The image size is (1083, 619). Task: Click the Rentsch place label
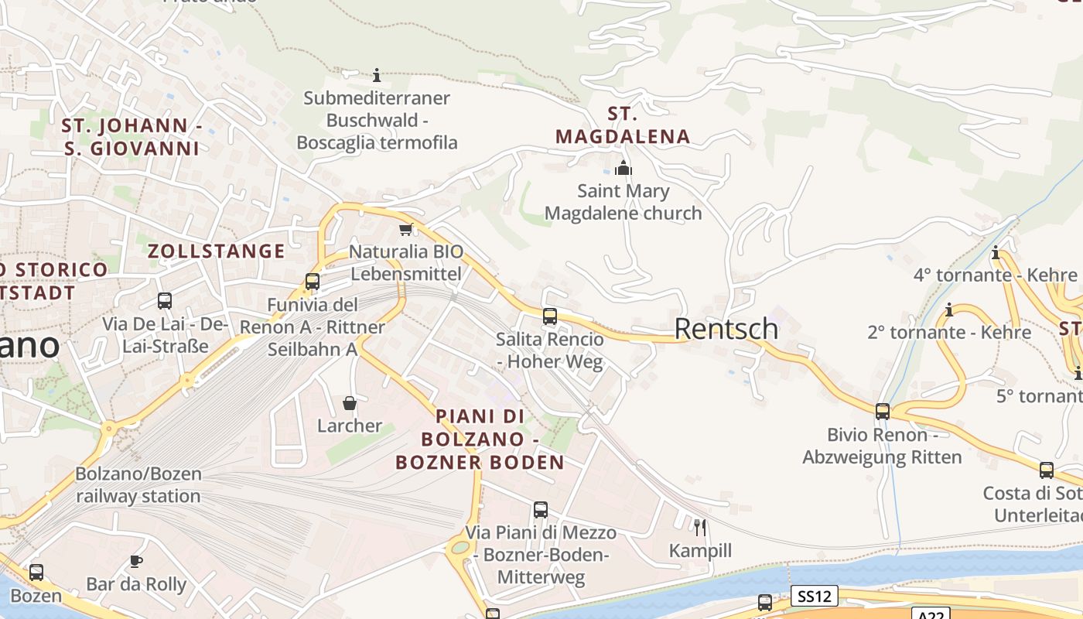(726, 329)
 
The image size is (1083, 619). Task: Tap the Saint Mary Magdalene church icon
(623, 168)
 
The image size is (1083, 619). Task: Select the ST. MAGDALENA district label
(623, 125)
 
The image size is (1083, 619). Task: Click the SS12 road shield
(815, 596)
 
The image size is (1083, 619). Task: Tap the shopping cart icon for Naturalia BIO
(406, 229)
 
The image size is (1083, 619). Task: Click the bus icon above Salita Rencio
(550, 316)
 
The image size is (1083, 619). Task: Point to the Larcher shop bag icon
(350, 403)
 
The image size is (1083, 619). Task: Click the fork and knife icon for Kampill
(700, 528)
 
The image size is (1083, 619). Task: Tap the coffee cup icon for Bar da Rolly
(136, 561)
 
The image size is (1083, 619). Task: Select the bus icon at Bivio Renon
(883, 412)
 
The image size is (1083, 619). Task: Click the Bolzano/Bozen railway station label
(138, 485)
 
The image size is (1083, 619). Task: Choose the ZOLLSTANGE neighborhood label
(217, 251)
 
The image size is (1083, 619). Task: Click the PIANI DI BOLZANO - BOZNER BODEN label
(480, 439)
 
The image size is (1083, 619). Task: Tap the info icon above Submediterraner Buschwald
(377, 75)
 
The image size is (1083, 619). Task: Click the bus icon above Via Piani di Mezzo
(541, 510)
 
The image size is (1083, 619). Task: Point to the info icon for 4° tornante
(996, 252)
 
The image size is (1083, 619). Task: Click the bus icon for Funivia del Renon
(313, 282)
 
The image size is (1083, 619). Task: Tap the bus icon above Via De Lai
(165, 300)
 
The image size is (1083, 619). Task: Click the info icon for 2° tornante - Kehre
(949, 310)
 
